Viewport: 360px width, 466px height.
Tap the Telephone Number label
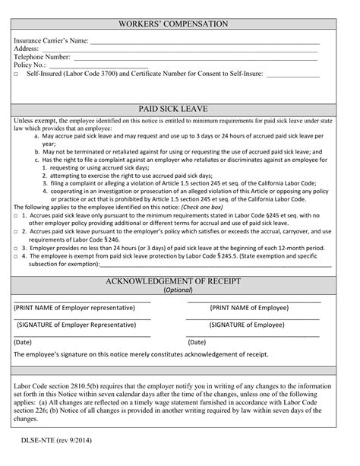[42, 57]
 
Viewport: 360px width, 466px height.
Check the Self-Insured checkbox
[16, 74]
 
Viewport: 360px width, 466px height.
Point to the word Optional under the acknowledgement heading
[176, 290]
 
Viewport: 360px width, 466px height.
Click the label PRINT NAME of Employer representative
[74, 308]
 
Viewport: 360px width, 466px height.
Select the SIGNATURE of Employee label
[248, 325]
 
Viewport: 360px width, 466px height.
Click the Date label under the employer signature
[23, 342]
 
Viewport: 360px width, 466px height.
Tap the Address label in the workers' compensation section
[27, 49]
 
